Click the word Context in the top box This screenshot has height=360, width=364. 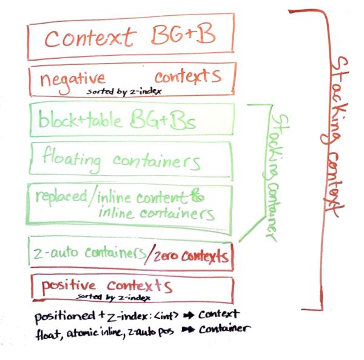(88, 38)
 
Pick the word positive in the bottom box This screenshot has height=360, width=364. (68, 285)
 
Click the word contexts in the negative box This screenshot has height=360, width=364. (187, 77)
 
